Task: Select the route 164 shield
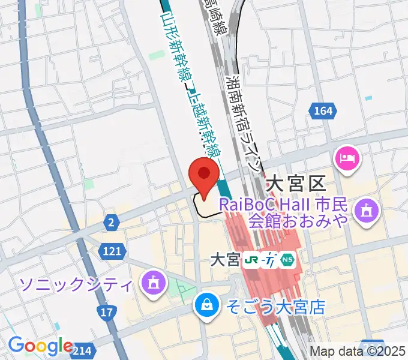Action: click(322, 110)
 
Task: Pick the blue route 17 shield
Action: click(107, 313)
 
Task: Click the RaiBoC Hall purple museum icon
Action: click(364, 211)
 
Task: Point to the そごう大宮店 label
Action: click(275, 308)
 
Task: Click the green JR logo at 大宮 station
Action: click(251, 260)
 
